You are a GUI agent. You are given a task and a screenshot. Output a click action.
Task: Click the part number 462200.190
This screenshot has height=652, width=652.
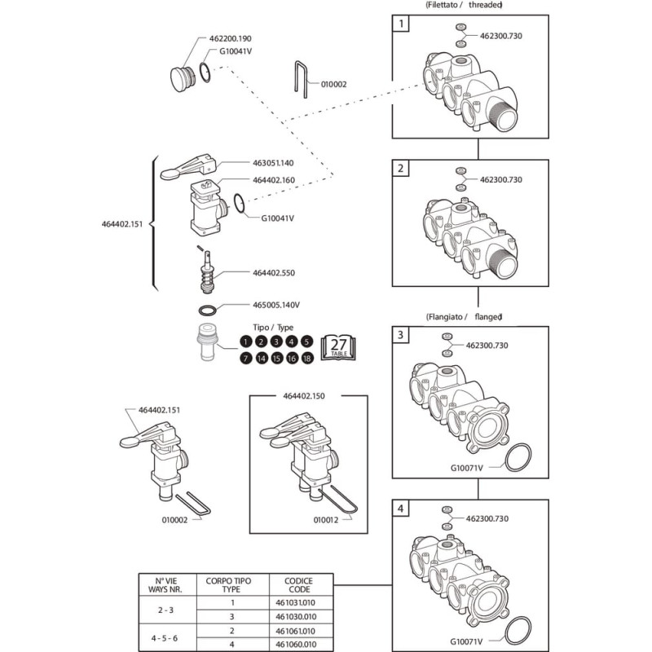tap(230, 38)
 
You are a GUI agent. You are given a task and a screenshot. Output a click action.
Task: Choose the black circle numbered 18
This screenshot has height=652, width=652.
tap(307, 359)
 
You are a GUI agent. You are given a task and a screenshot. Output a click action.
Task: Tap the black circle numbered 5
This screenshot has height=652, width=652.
tap(307, 342)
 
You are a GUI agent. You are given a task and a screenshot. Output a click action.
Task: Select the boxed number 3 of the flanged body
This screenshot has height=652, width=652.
tap(400, 334)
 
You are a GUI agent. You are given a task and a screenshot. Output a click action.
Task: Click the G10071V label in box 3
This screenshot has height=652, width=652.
tap(468, 468)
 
